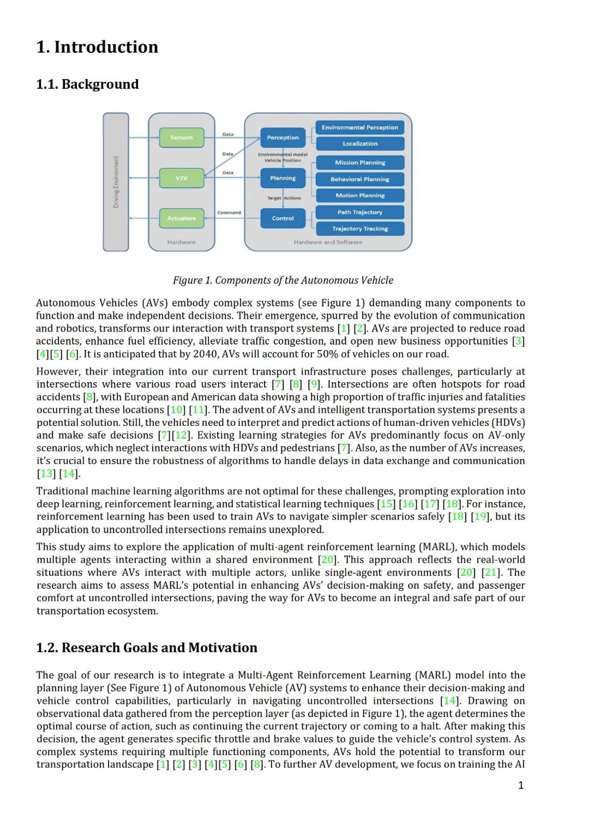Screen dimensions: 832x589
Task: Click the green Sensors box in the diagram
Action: [181, 137]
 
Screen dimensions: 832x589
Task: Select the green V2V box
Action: [181, 178]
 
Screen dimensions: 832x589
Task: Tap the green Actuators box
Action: [181, 218]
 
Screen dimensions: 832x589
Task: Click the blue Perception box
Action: [283, 137]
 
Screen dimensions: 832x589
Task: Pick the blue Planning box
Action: [283, 178]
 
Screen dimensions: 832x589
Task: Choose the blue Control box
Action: [283, 218]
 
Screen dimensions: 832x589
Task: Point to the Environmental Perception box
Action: [360, 128]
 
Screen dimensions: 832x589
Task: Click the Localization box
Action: [360, 144]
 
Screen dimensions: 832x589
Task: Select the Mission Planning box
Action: [360, 162]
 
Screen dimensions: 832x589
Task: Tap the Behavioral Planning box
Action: [360, 179]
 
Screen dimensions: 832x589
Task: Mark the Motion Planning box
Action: [360, 195]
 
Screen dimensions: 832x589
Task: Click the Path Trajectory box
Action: [360, 212]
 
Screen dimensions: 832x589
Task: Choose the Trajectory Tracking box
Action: [360, 228]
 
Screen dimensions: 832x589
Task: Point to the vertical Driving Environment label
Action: [116, 182]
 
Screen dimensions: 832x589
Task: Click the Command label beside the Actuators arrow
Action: [229, 213]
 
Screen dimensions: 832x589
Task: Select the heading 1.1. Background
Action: [87, 85]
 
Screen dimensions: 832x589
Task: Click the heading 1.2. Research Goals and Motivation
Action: [147, 648]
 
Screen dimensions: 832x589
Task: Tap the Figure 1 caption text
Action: [283, 280]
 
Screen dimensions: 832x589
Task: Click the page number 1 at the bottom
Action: [521, 785]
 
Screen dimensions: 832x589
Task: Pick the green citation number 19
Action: [480, 517]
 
